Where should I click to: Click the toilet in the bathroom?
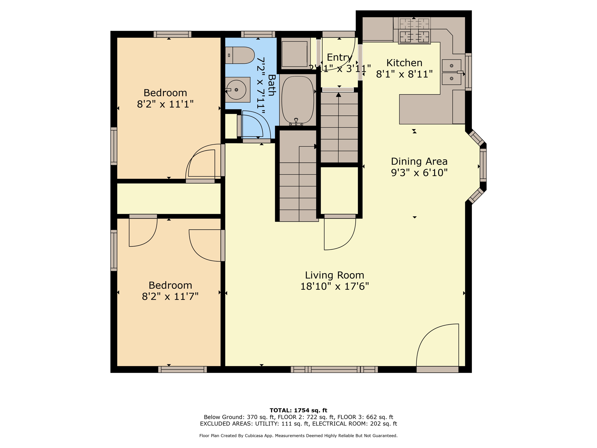pyautogui.click(x=240, y=55)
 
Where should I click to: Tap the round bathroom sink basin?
pyautogui.click(x=236, y=90)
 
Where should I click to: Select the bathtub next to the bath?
pyautogui.click(x=298, y=100)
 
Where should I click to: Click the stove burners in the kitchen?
pyautogui.click(x=414, y=31)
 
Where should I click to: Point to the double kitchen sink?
pyautogui.click(x=452, y=72)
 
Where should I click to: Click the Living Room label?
pyautogui.click(x=334, y=275)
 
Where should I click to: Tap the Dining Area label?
pyautogui.click(x=419, y=161)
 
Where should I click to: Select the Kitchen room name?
pyautogui.click(x=404, y=63)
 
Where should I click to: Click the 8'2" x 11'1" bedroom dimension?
pyautogui.click(x=165, y=104)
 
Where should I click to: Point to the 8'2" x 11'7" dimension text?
pyautogui.click(x=170, y=297)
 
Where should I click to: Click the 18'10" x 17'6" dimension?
pyautogui.click(x=335, y=286)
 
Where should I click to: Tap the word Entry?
pyautogui.click(x=340, y=57)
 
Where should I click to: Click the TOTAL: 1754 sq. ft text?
pyautogui.click(x=298, y=410)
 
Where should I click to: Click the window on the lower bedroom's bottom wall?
pyautogui.click(x=182, y=370)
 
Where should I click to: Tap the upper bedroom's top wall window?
pyautogui.click(x=173, y=34)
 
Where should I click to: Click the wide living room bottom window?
pyautogui.click(x=334, y=370)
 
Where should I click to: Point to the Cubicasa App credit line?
pyautogui.click(x=298, y=436)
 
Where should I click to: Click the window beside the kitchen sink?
pyautogui.click(x=468, y=72)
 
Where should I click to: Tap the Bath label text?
pyautogui.click(x=272, y=85)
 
